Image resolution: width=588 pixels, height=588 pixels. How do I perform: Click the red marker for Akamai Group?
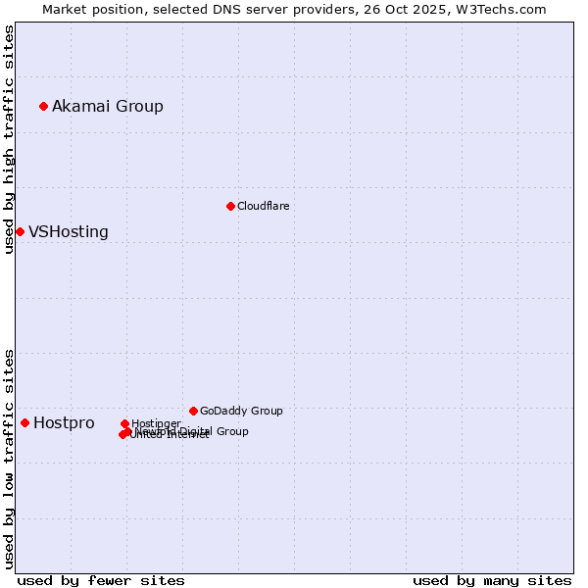(43, 106)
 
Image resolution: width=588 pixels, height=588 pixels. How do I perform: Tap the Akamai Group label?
(108, 106)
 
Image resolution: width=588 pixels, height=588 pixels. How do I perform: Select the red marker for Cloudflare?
(230, 206)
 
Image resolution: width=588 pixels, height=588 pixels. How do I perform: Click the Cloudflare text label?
(263, 206)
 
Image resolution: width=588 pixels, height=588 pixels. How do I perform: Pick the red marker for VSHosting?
(20, 231)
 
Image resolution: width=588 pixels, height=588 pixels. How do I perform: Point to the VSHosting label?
(69, 232)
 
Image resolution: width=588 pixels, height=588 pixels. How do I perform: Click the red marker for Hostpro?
(24, 422)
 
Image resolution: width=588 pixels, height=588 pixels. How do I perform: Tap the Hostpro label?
(64, 423)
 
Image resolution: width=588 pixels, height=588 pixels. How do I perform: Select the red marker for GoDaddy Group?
(193, 411)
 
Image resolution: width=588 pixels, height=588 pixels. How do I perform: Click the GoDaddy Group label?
(241, 411)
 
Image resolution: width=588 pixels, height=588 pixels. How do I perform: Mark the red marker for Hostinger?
(124, 423)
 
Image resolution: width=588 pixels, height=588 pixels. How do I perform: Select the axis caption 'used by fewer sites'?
(101, 580)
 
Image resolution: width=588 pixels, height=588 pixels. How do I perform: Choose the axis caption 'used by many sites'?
(492, 580)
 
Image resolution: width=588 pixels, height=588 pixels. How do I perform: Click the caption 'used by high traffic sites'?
(9, 139)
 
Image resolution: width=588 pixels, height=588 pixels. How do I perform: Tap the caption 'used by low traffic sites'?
(9, 459)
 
